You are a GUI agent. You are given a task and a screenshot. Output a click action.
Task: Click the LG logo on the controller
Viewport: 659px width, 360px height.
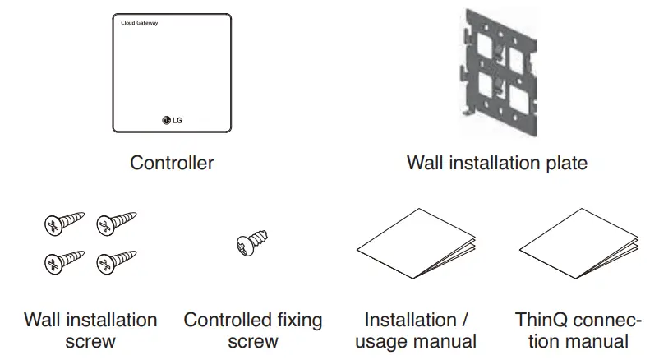point(173,121)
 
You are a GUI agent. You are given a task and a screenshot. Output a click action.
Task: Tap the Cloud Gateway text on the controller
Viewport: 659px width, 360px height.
point(134,23)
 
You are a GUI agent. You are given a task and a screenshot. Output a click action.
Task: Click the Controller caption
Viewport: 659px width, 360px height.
point(172,163)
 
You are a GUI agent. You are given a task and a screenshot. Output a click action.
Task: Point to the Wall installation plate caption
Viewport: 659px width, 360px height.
point(496,163)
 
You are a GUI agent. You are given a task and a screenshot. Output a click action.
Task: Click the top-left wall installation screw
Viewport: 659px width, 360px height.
point(65,223)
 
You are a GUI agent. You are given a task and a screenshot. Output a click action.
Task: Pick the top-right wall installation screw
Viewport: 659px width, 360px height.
point(116,223)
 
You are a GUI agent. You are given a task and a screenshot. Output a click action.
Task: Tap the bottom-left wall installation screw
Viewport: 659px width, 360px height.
point(65,261)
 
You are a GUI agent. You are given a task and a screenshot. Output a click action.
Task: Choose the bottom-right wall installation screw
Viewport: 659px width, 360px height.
point(116,261)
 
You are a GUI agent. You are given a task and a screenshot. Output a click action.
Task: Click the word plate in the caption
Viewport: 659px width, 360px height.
point(565,163)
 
